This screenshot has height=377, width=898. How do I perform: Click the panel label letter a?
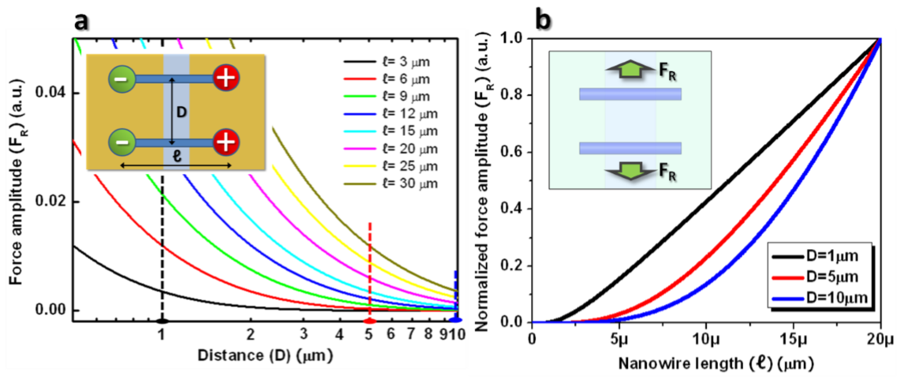point(81,22)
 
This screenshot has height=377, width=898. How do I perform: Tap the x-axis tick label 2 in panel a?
point(250,334)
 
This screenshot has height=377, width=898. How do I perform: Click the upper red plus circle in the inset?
point(226,78)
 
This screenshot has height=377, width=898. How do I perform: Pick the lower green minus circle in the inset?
point(122,142)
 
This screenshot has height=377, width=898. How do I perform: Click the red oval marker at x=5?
point(370,321)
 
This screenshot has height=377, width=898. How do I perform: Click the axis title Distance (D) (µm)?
point(265,356)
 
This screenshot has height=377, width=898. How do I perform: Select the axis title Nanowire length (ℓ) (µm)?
point(716,364)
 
